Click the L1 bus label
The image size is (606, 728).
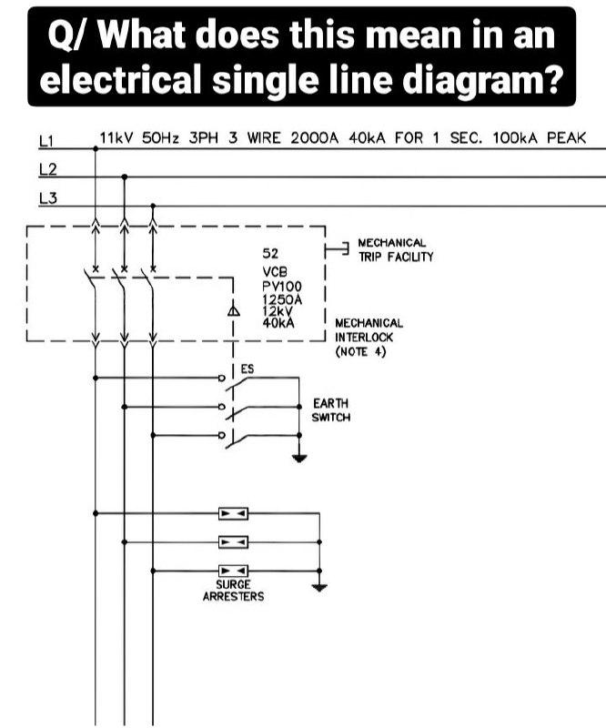pyautogui.click(x=48, y=140)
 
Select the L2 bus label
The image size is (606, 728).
pyautogui.click(x=48, y=169)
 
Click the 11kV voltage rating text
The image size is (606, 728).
pyautogui.click(x=116, y=138)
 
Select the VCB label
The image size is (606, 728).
pyautogui.click(x=274, y=273)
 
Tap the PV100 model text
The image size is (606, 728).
pyautogui.click(x=280, y=286)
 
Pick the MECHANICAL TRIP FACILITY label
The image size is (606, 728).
pyautogui.click(x=396, y=250)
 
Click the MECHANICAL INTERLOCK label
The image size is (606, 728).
pyautogui.click(x=369, y=329)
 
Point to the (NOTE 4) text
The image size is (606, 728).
pyautogui.click(x=361, y=351)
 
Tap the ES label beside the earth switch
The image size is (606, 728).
pyautogui.click(x=247, y=369)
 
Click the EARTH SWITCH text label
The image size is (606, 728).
pyautogui.click(x=330, y=410)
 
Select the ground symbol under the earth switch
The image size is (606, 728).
pyautogui.click(x=299, y=458)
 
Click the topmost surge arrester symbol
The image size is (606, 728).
pyautogui.click(x=233, y=513)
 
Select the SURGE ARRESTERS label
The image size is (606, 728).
pyautogui.click(x=233, y=591)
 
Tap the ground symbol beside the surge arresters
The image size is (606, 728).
pyautogui.click(x=318, y=587)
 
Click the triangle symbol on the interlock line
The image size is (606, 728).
pyautogui.click(x=234, y=312)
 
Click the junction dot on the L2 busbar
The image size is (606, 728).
pyautogui.click(x=124, y=177)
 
